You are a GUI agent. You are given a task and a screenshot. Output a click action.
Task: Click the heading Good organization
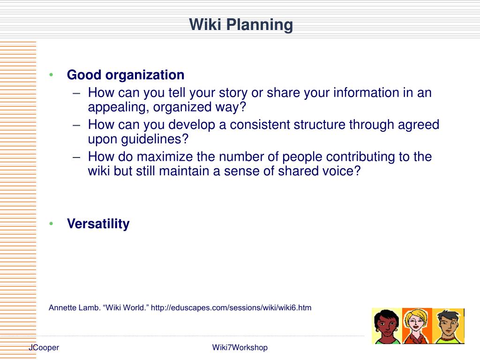pos(126,75)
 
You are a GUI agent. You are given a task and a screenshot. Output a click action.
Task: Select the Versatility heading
pos(98,224)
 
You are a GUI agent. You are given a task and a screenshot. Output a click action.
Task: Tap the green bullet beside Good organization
pos(51,75)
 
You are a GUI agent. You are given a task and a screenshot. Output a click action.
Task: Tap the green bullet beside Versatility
pos(51,224)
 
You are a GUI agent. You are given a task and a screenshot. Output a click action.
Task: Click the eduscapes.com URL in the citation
pos(231,307)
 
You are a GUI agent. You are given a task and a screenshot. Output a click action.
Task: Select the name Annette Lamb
pos(74,307)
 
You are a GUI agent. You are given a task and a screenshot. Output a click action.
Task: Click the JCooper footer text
pos(44,347)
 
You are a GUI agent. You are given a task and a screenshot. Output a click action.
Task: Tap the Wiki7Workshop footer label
pos(240,347)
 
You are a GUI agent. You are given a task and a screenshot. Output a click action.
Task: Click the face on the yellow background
pos(387,326)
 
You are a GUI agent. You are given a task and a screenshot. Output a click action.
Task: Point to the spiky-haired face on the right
pos(448,326)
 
